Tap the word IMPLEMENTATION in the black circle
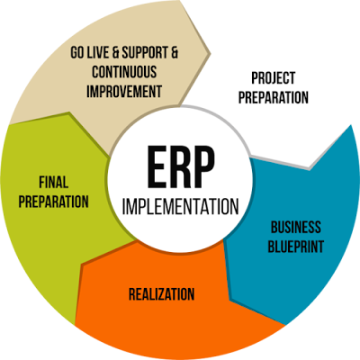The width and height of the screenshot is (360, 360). (x=181, y=206)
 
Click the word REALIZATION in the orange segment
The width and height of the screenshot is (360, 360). (x=161, y=293)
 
